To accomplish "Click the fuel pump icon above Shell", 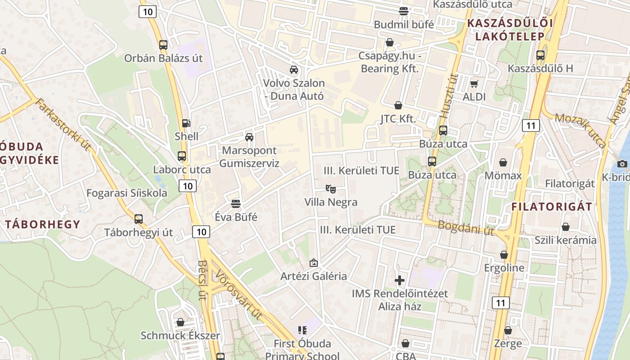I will pyautogui.click(x=185, y=123).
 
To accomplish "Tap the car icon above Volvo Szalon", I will pyautogui.click(x=294, y=69).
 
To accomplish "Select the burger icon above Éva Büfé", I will pyautogui.click(x=235, y=203).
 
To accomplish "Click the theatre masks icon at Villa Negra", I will pyautogui.click(x=331, y=189).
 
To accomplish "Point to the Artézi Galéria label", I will pyautogui.click(x=314, y=276).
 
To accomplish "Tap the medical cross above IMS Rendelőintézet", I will pyautogui.click(x=400, y=280).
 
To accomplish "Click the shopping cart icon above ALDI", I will pyautogui.click(x=474, y=84).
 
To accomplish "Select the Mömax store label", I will pyautogui.click(x=503, y=175).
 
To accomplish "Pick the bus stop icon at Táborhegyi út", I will pyautogui.click(x=139, y=219).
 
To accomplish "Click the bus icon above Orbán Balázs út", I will pyautogui.click(x=163, y=45).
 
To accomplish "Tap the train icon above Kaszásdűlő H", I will pyautogui.click(x=540, y=55).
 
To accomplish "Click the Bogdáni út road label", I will pyautogui.click(x=466, y=228).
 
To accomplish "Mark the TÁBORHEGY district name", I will pyautogui.click(x=43, y=224).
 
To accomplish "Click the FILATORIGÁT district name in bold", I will pyautogui.click(x=552, y=207).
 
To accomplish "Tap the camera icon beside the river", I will pyautogui.click(x=622, y=163).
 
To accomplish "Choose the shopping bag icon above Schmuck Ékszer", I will pyautogui.click(x=180, y=322).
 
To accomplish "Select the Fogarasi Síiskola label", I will pyautogui.click(x=126, y=193).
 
